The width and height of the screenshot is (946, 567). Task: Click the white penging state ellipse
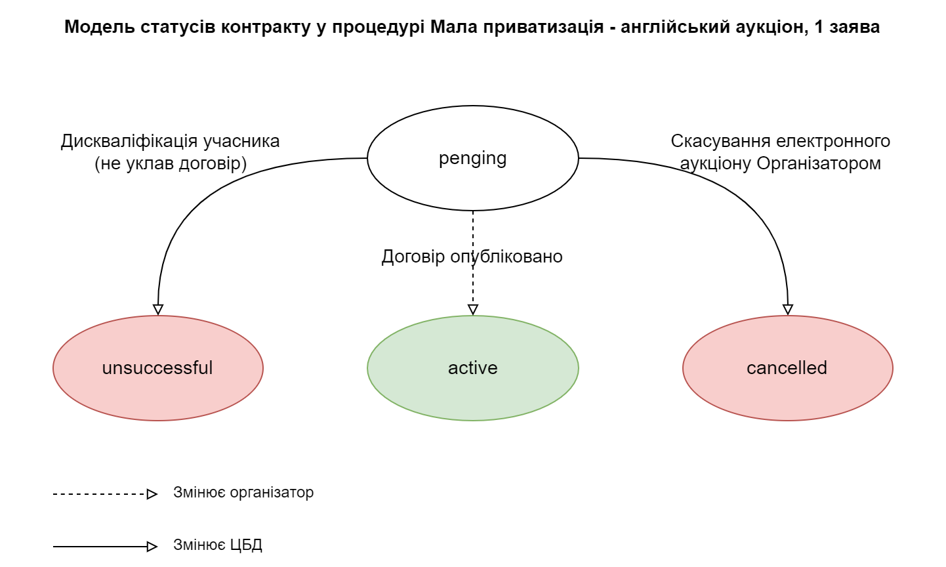pos(472,158)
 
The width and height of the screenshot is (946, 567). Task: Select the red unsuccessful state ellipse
pos(157,368)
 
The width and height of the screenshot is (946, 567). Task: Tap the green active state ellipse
pos(472,368)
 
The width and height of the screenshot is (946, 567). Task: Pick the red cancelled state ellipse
pos(787,368)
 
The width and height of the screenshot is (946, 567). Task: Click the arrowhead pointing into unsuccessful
pos(157,309)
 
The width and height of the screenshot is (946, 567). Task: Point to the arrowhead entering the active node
pos(473,309)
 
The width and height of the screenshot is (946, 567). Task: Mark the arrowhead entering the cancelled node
pos(788,309)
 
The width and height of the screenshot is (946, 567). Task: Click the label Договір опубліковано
pos(472,257)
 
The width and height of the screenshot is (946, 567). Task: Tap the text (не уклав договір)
pos(171,163)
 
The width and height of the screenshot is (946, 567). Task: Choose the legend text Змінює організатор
pos(243,492)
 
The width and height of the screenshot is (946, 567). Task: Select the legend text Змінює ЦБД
pos(218,545)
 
